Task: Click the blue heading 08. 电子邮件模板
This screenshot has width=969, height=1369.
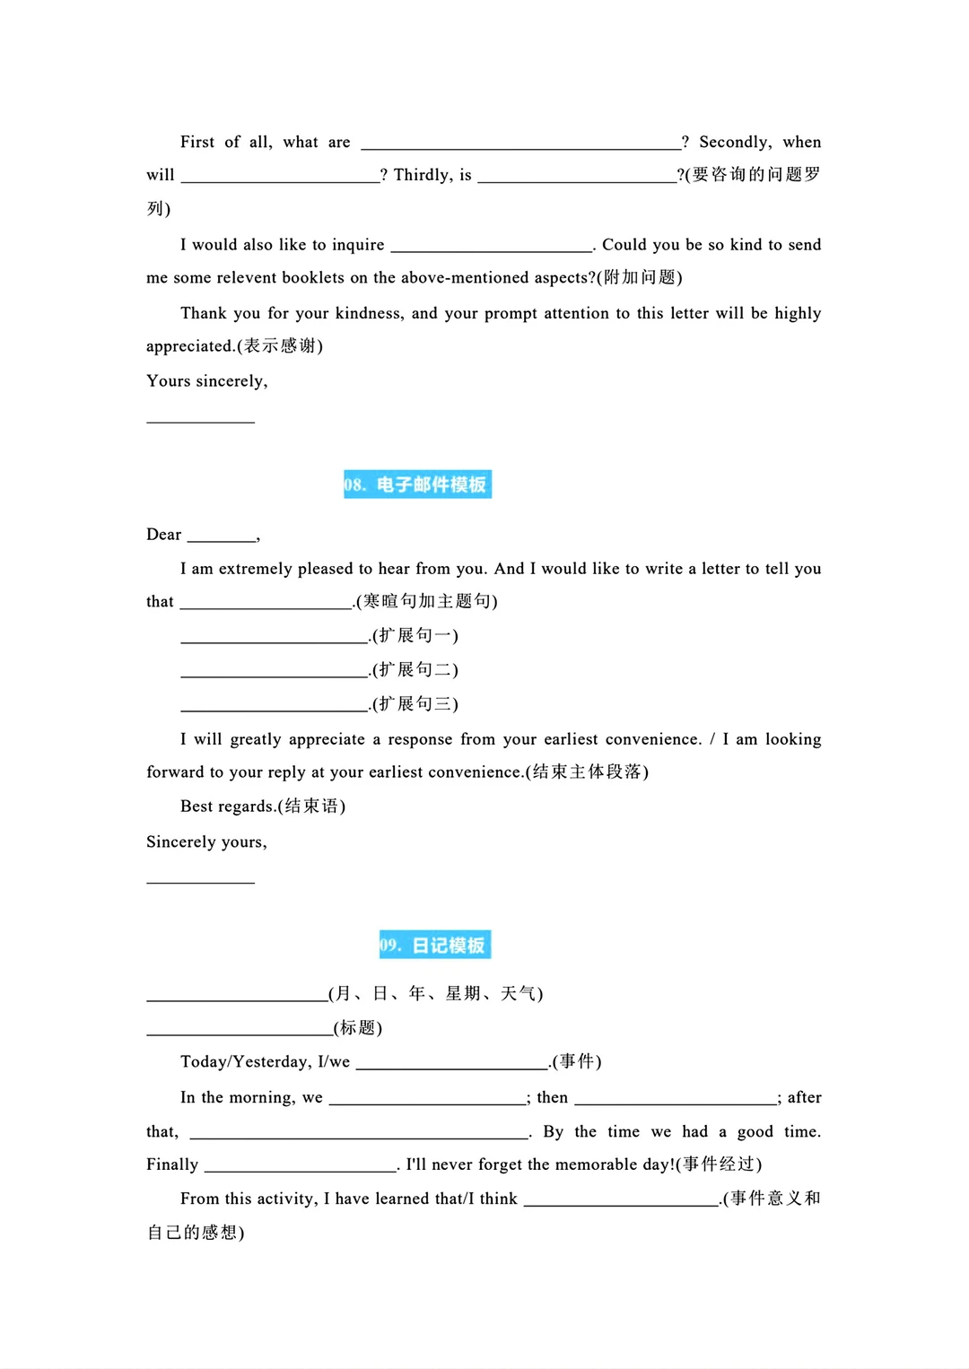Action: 417,484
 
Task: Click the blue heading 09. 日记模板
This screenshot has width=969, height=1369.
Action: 435,945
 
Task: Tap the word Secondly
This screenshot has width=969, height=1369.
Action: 735,142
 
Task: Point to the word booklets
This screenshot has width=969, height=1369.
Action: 313,278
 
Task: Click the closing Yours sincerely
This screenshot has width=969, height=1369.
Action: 207,381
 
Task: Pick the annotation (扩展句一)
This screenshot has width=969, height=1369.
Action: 415,636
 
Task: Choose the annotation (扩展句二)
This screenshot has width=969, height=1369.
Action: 415,670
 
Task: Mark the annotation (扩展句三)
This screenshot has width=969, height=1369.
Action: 415,704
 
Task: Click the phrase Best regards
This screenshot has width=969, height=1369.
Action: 229,807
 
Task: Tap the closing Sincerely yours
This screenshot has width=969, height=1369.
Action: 207,842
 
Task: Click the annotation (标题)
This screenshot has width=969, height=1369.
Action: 358,1028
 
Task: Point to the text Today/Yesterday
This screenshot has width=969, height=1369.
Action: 245,1062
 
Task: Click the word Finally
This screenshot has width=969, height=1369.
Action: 172,1164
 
